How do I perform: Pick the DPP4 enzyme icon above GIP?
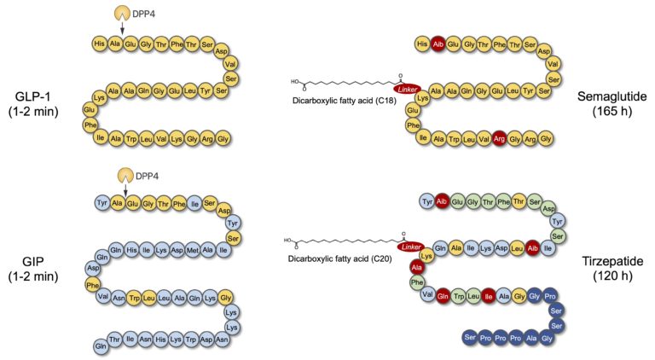coord(119,175)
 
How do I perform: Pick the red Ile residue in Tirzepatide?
coord(489,297)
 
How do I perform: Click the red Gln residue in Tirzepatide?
coord(443,297)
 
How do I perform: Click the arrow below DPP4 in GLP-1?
coord(119,30)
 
